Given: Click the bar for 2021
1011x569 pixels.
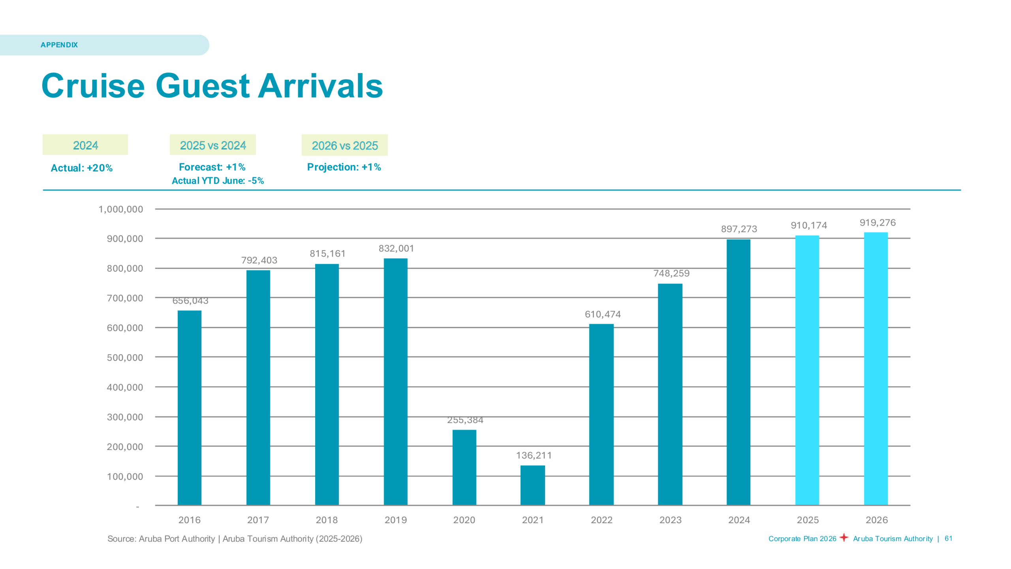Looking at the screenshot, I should click(x=532, y=485).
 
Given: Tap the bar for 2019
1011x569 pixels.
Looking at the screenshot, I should click(x=395, y=381).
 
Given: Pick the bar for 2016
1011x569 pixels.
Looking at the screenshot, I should click(x=189, y=407).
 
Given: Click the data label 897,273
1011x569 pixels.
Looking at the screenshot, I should click(x=739, y=229).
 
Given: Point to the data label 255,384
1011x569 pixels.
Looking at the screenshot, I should click(x=465, y=420).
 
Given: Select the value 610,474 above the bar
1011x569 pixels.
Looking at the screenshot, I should click(x=602, y=314).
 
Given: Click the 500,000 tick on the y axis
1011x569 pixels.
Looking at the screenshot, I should click(x=125, y=358).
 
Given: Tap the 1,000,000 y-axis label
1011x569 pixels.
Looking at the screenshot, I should click(x=120, y=209).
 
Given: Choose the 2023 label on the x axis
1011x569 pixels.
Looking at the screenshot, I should click(x=670, y=520).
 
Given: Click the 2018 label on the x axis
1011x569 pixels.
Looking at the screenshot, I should click(x=327, y=520).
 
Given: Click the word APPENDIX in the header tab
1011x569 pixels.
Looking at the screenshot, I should click(x=59, y=45).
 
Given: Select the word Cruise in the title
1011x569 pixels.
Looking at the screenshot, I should click(x=93, y=86).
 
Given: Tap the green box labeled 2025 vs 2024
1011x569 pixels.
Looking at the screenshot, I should click(x=212, y=145).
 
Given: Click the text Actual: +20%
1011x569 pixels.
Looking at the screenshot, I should click(x=82, y=168).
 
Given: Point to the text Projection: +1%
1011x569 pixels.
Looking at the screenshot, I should click(x=344, y=167).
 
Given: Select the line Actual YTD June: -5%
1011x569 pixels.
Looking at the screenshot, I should click(x=218, y=181).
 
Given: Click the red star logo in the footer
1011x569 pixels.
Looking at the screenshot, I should click(x=844, y=537).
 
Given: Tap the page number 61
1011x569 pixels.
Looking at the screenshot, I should click(x=948, y=538).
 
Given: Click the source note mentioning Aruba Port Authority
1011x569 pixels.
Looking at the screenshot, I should click(x=235, y=539).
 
